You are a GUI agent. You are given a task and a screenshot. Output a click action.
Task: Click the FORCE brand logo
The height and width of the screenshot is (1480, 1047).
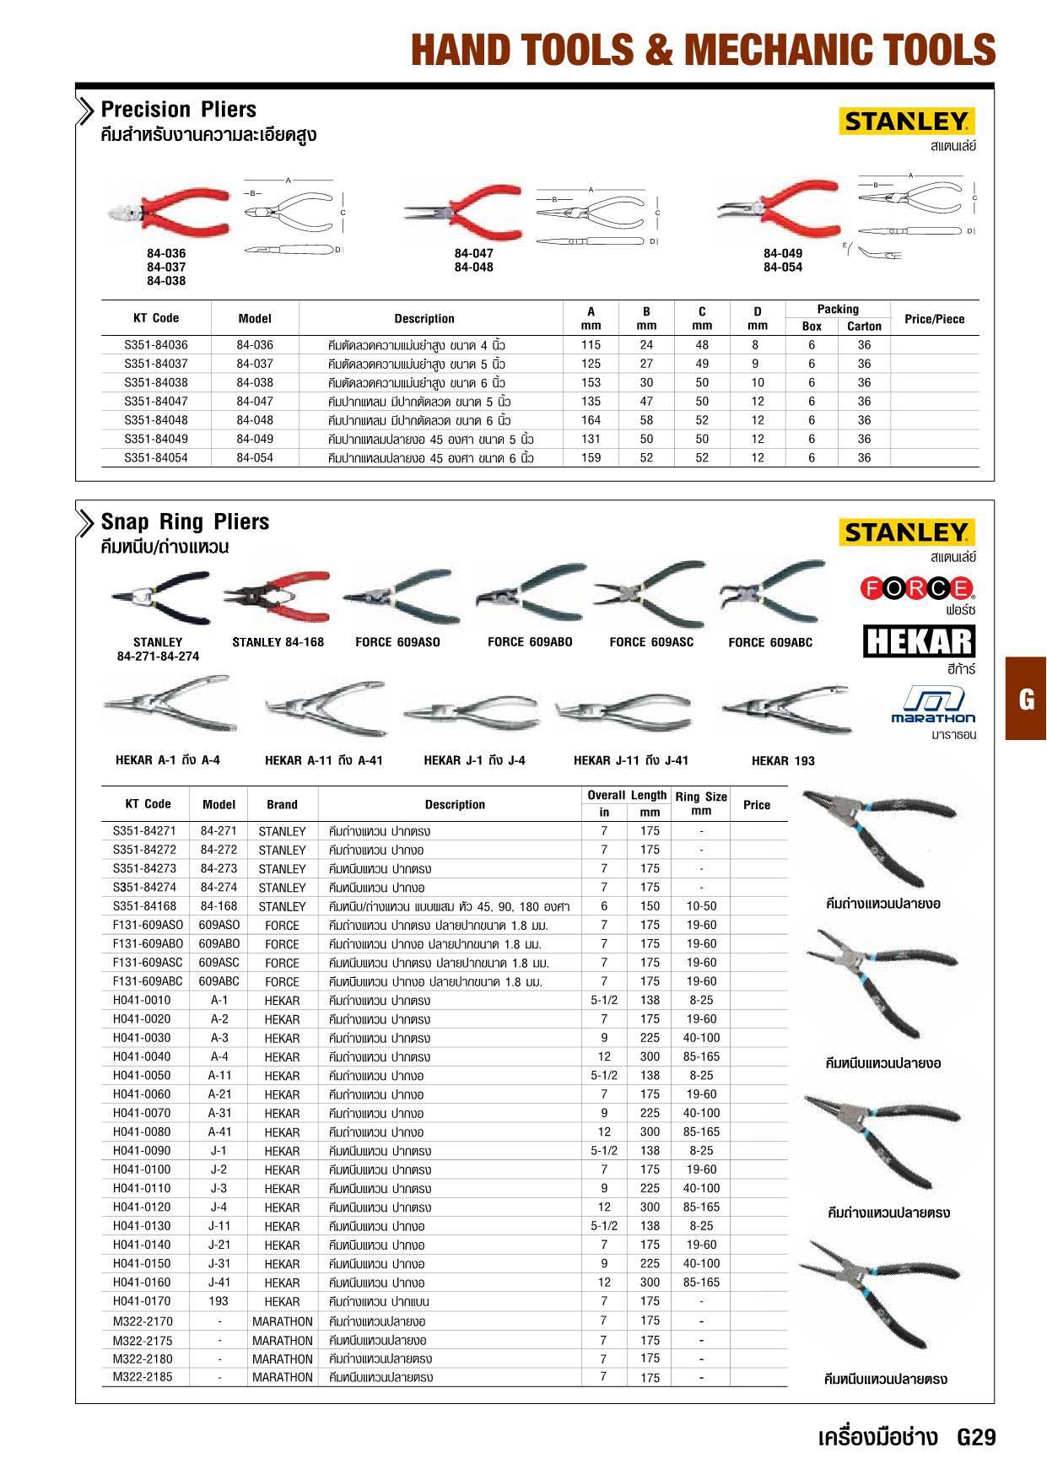[x=917, y=588]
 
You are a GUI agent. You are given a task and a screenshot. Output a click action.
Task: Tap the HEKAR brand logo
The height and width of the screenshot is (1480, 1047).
[x=919, y=641]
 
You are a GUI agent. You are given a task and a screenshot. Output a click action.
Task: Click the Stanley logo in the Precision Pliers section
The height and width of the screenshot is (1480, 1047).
[x=907, y=122]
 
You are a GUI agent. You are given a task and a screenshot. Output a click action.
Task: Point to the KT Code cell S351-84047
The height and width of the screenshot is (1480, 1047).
[x=156, y=402]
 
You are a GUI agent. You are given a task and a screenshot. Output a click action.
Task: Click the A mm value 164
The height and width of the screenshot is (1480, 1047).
[x=591, y=420]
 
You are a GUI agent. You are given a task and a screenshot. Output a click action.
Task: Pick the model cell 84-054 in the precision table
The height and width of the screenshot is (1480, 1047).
[x=255, y=458]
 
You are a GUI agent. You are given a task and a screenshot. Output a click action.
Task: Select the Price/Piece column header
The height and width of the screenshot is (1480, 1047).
[x=934, y=319]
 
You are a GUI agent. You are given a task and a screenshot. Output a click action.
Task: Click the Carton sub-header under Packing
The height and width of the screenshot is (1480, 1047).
[x=864, y=327]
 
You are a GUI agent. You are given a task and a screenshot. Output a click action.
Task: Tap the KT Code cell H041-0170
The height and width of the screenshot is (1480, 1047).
[x=142, y=1301]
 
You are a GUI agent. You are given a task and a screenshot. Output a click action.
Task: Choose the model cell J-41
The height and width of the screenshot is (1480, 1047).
[x=219, y=1283]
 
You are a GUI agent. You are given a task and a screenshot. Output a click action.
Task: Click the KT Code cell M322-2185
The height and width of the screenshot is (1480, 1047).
[x=142, y=1377]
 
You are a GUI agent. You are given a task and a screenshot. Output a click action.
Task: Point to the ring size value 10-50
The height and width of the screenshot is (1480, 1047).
[x=700, y=906]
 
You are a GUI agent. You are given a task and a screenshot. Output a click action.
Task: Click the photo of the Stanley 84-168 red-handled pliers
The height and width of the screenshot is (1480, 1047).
[x=277, y=597]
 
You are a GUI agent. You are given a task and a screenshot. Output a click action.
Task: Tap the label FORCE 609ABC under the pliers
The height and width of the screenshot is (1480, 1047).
[x=770, y=643]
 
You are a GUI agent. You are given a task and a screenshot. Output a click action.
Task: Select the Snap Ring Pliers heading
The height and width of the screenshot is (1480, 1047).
[x=185, y=522]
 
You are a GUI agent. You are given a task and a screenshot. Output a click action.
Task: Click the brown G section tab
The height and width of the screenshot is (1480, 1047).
[x=1026, y=699]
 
